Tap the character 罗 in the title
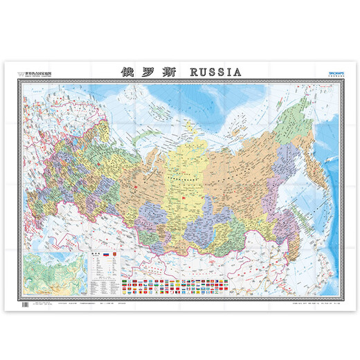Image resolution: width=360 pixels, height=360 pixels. pyautogui.click(x=147, y=71)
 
